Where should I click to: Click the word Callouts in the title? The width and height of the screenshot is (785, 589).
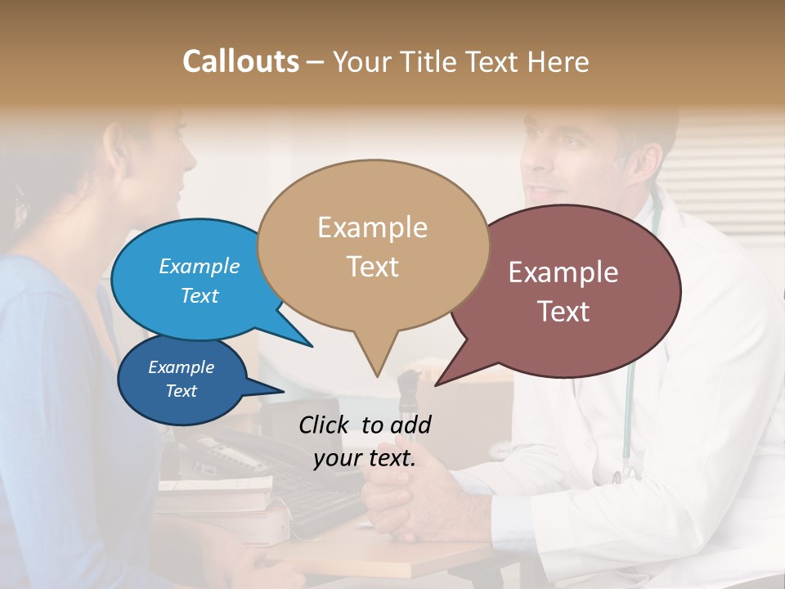tap(240, 61)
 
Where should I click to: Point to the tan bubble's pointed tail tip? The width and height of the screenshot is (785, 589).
tap(377, 375)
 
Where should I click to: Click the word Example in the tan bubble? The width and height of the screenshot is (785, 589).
tap(372, 227)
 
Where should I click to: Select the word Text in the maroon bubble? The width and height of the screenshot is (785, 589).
tap(563, 312)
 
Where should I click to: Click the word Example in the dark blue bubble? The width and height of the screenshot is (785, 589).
tap(181, 367)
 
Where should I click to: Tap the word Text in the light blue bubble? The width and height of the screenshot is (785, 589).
tap(200, 295)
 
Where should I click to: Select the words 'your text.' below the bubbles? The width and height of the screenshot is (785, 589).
tap(365, 458)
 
